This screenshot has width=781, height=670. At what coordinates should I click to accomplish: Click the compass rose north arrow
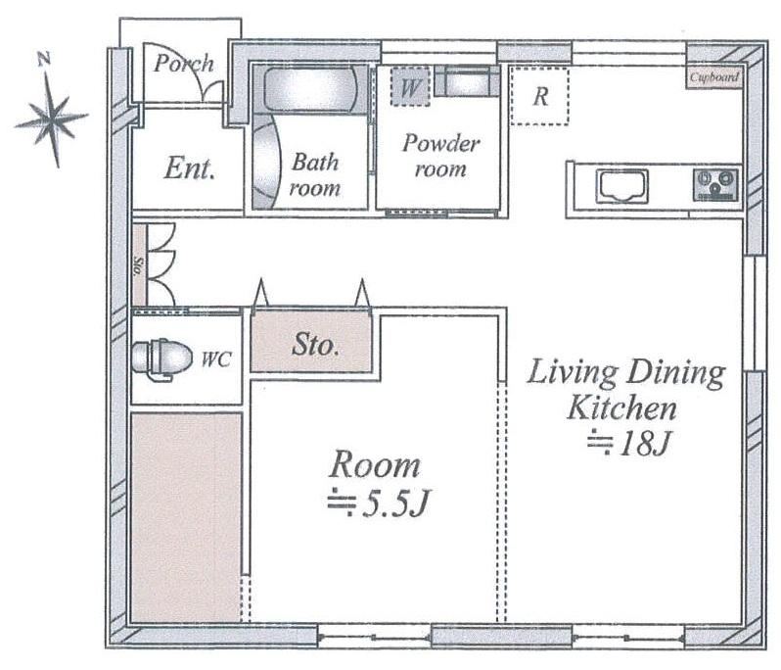(52, 119)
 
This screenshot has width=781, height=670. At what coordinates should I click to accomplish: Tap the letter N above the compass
(44, 60)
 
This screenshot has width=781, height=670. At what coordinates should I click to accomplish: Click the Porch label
(184, 64)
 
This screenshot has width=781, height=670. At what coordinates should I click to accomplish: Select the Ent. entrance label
(190, 168)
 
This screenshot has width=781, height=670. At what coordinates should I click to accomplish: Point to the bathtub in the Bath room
(310, 90)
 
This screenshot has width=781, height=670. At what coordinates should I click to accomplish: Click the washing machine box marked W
(409, 87)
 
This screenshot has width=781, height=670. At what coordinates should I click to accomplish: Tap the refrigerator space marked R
(539, 96)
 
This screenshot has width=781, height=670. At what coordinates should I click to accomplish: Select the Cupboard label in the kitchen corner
(713, 77)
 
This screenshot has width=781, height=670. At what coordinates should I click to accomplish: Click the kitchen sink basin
(623, 186)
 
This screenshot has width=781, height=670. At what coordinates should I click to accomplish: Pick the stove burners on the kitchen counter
(715, 185)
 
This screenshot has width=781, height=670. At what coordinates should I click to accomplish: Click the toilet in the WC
(161, 358)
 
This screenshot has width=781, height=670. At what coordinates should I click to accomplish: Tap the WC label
(216, 359)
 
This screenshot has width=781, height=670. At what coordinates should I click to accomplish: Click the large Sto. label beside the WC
(315, 345)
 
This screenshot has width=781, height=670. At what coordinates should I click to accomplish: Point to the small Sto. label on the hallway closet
(139, 266)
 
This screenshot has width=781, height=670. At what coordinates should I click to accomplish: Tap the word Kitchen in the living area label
(622, 407)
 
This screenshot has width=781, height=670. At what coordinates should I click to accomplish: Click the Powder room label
(440, 156)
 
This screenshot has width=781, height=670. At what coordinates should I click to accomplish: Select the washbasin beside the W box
(467, 81)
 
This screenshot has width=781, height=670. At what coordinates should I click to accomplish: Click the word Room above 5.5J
(375, 464)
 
